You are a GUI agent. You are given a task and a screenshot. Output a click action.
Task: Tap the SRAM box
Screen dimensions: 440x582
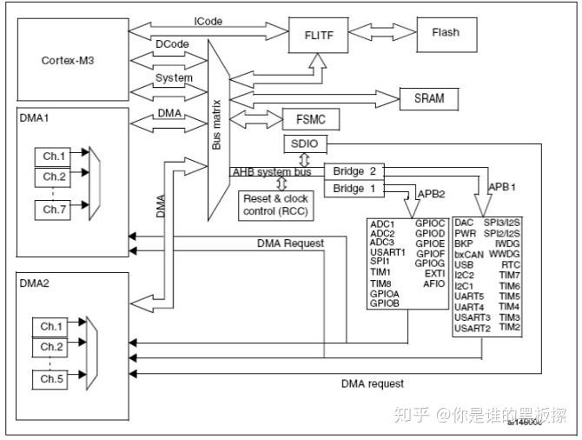[x=429, y=98]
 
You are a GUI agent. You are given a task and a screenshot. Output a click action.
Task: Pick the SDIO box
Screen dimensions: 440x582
[x=303, y=143]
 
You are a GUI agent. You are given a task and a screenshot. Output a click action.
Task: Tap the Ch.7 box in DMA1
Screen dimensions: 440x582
[x=54, y=209]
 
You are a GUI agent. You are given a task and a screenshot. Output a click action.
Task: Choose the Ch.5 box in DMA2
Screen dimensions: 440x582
[x=54, y=380]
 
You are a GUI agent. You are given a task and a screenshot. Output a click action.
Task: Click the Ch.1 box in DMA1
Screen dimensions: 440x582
[x=54, y=157]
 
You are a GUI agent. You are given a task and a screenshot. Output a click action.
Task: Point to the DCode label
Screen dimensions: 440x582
[x=171, y=43]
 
